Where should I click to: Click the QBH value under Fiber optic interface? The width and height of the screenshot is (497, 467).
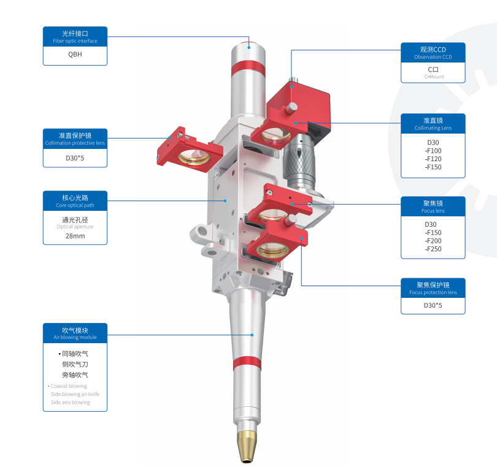pos(75,54)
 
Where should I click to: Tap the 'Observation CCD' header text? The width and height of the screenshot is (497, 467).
pos(433,57)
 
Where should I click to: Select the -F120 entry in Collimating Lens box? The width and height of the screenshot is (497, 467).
pos(433,159)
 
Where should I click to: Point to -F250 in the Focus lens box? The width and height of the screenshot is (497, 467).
pos(433,249)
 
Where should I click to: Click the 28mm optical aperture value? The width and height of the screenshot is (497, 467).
pos(75,236)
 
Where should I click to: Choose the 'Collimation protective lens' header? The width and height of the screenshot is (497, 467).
pos(75,143)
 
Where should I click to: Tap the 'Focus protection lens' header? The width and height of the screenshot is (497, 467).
pos(433,292)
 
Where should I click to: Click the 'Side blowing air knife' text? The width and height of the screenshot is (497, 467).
pos(75,394)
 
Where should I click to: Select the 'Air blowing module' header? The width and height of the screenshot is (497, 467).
pos(75,337)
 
